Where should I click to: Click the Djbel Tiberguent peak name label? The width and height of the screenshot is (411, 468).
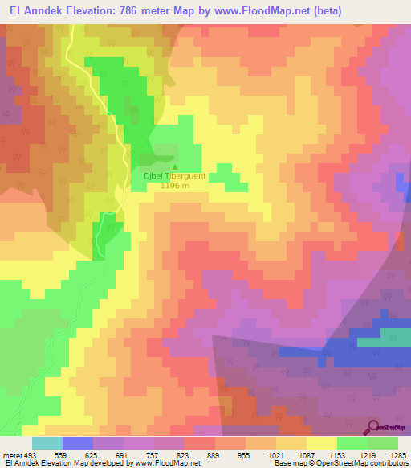174,175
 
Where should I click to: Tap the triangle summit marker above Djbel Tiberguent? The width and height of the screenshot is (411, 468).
175,166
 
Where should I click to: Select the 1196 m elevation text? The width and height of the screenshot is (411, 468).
174,186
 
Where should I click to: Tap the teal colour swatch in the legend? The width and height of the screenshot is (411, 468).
47,443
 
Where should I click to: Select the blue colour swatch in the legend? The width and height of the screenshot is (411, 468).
77,443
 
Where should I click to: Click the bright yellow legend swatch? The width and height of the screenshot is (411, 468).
321,443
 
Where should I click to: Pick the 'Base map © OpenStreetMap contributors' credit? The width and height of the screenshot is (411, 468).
340,463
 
